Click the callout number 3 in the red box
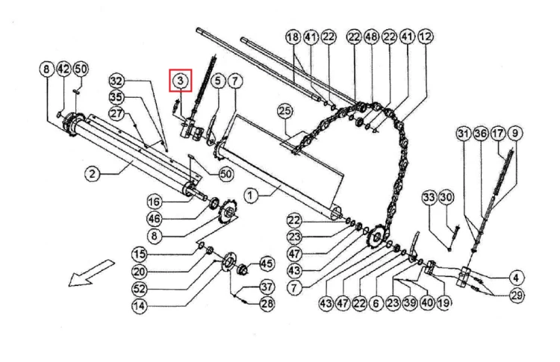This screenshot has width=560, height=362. [181, 81]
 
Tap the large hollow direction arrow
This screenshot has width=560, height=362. [90, 273]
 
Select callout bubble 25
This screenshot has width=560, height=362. [285, 111]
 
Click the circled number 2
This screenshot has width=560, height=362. [93, 174]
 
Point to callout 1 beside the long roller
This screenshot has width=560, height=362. [251, 196]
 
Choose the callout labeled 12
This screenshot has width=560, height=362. [425, 37]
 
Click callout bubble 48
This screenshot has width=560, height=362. [371, 37]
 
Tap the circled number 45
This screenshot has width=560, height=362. [267, 263]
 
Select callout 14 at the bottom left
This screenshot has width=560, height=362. [140, 306]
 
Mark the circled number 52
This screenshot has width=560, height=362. [140, 288]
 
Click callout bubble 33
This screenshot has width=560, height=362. [429, 197]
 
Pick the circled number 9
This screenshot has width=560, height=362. [515, 134]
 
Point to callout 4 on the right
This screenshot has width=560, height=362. [516, 278]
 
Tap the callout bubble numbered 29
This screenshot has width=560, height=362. [517, 296]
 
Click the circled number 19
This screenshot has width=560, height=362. [444, 303]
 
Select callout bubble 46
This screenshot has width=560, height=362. [155, 219]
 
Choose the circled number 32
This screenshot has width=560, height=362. [116, 81]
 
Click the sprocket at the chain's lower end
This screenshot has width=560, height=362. [376, 235]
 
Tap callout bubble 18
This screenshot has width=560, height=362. [293, 37]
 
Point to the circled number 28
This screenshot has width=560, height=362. [267, 304]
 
